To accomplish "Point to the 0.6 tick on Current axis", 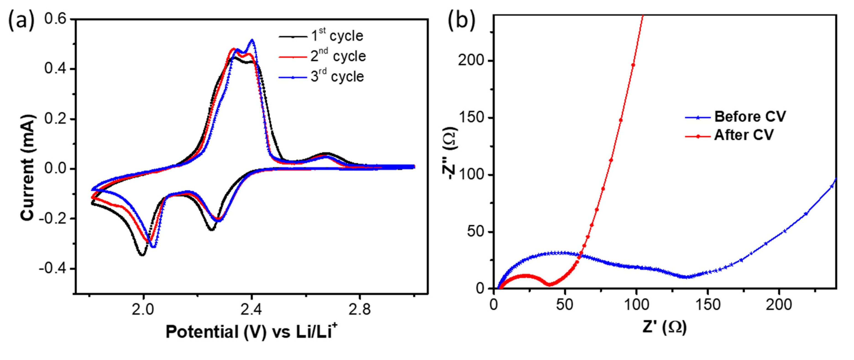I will pyautogui.click(x=55, y=19).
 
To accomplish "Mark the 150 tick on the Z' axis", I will pyautogui.click(x=707, y=305).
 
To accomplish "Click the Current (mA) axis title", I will pyautogui.click(x=28, y=167).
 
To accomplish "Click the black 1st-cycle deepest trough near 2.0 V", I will pyautogui.click(x=142, y=255).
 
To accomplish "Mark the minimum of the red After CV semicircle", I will pyautogui.click(x=550, y=284).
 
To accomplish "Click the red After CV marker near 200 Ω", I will pyautogui.click(x=633, y=65).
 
